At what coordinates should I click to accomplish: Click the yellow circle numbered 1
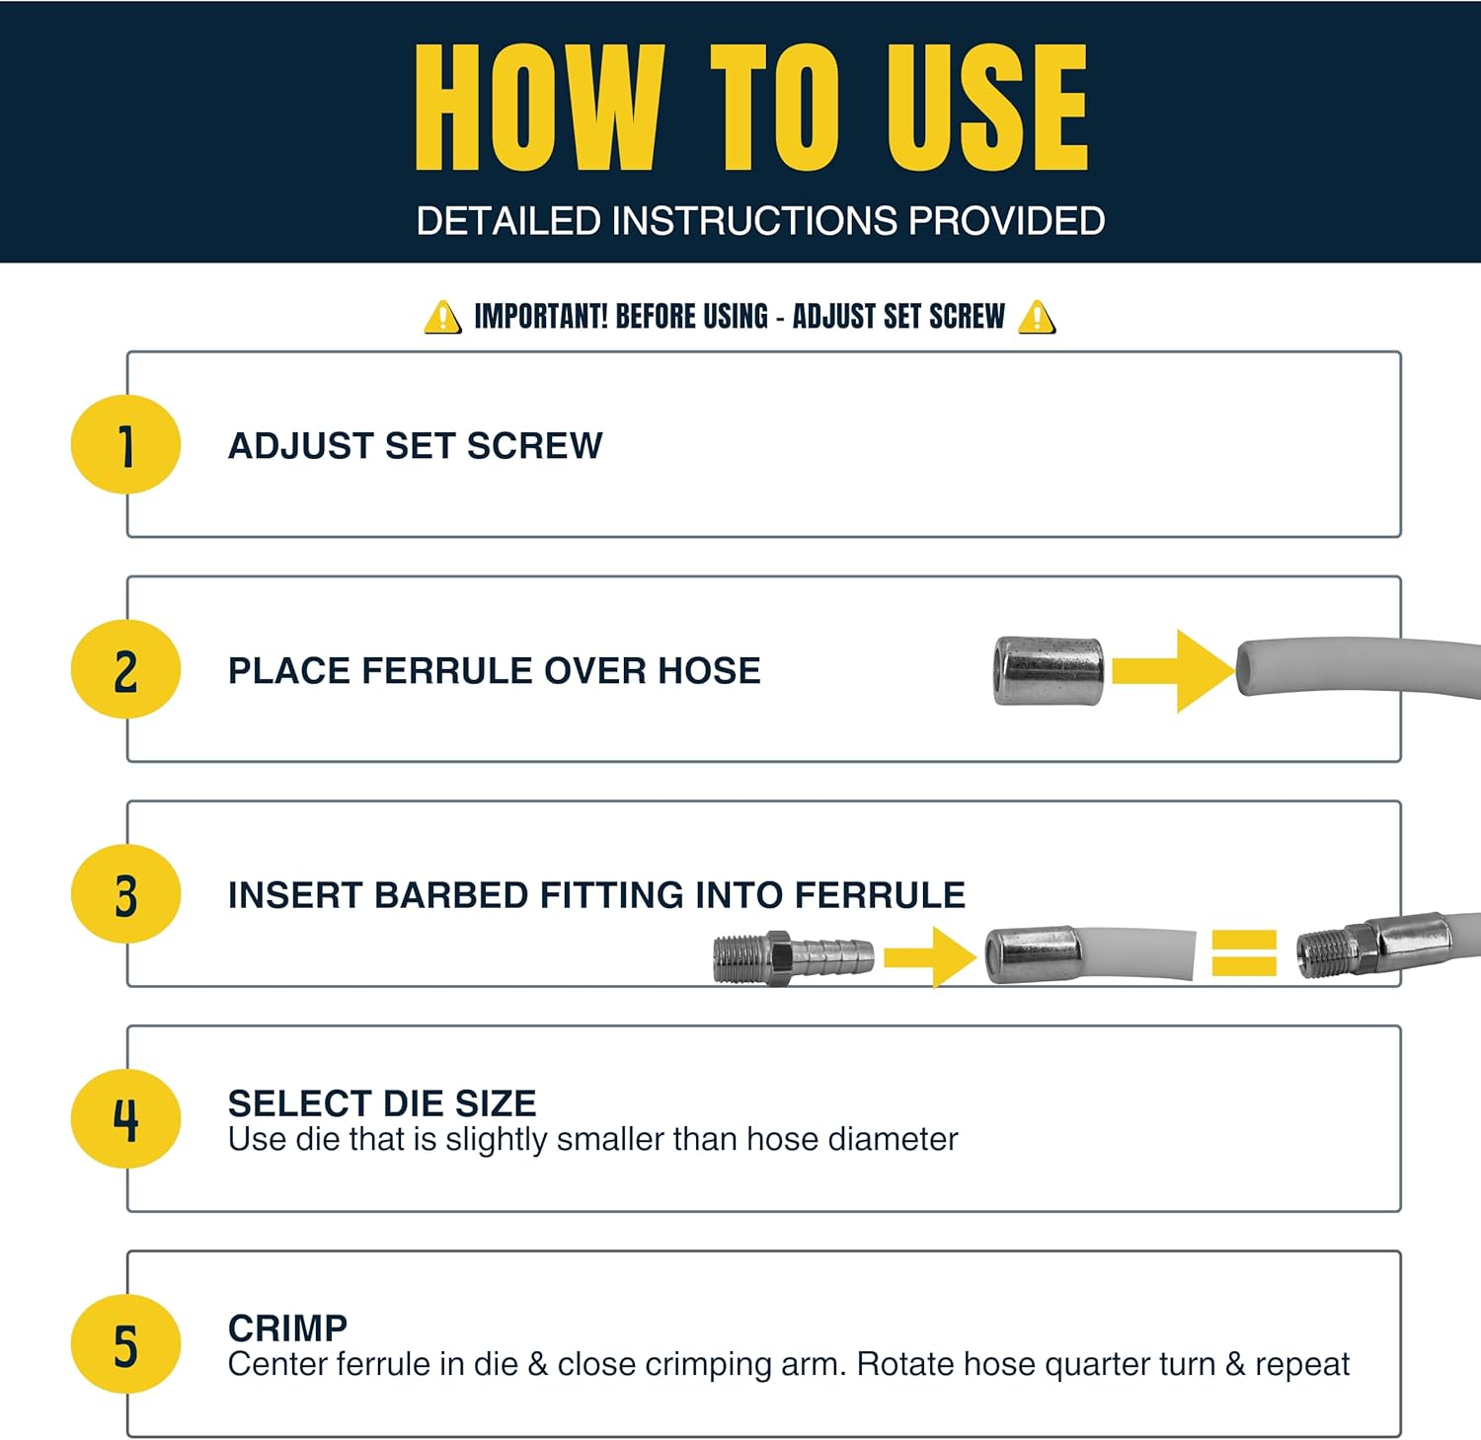pyautogui.click(x=125, y=444)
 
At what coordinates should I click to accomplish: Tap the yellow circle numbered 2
pyautogui.click(x=125, y=669)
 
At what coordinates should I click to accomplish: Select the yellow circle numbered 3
pyautogui.click(x=125, y=894)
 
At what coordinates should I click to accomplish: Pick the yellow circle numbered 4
pyautogui.click(x=125, y=1119)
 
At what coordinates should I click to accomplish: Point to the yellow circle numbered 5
pyautogui.click(x=125, y=1344)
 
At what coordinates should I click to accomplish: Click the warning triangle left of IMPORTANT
pyautogui.click(x=442, y=318)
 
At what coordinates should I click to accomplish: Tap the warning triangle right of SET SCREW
pyautogui.click(x=1037, y=318)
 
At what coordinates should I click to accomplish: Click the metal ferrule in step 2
pyautogui.click(x=1048, y=671)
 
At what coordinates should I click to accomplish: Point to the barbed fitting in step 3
pyautogui.click(x=793, y=956)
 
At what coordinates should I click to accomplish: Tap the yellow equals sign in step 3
pyautogui.click(x=1244, y=953)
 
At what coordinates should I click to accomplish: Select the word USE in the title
pyautogui.click(x=987, y=108)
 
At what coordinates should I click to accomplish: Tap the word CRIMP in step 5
pyautogui.click(x=287, y=1328)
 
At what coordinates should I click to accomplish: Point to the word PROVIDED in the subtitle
pyautogui.click(x=1006, y=221)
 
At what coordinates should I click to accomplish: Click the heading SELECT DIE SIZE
pyautogui.click(x=382, y=1103)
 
